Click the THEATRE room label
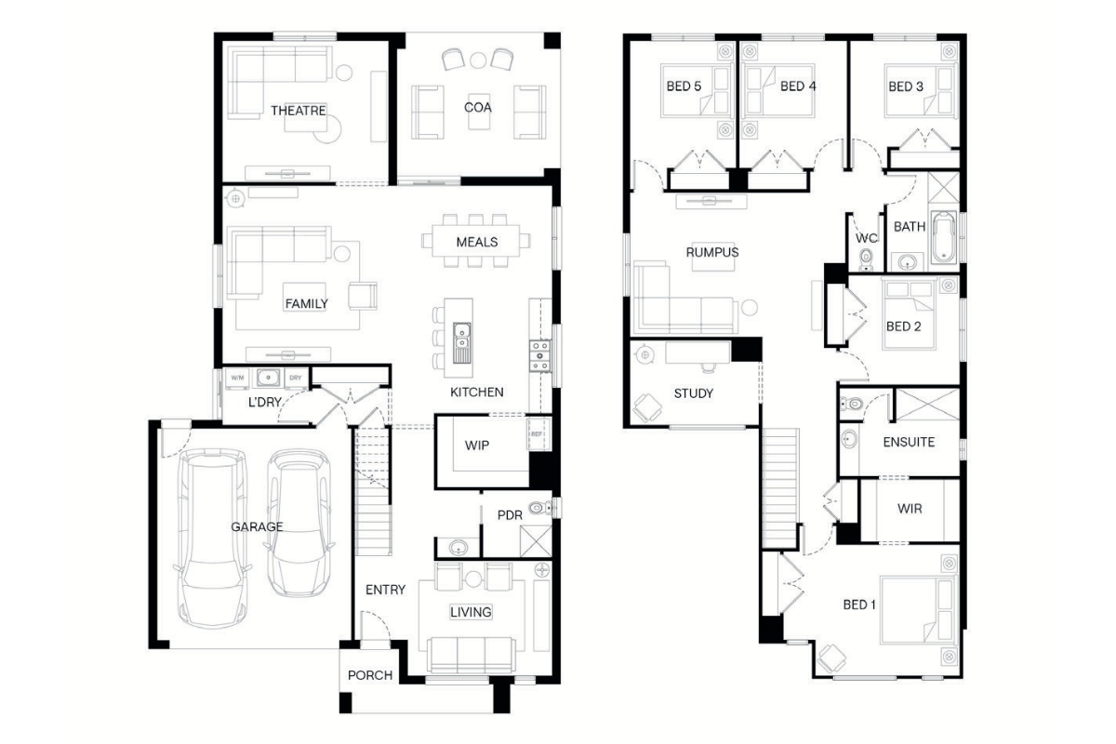[298, 110]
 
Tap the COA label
[477, 107]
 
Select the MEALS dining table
[475, 241]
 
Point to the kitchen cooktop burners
[539, 356]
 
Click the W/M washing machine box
[237, 379]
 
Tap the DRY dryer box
[296, 379]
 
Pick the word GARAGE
[257, 526]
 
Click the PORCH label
[370, 675]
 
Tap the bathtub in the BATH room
[943, 237]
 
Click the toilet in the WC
[867, 260]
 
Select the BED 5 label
[684, 86]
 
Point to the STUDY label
[693, 393]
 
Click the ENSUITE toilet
[852, 403]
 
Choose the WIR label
[910, 509]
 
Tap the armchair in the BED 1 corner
[832, 658]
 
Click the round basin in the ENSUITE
[849, 439]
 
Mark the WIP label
[477, 445]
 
